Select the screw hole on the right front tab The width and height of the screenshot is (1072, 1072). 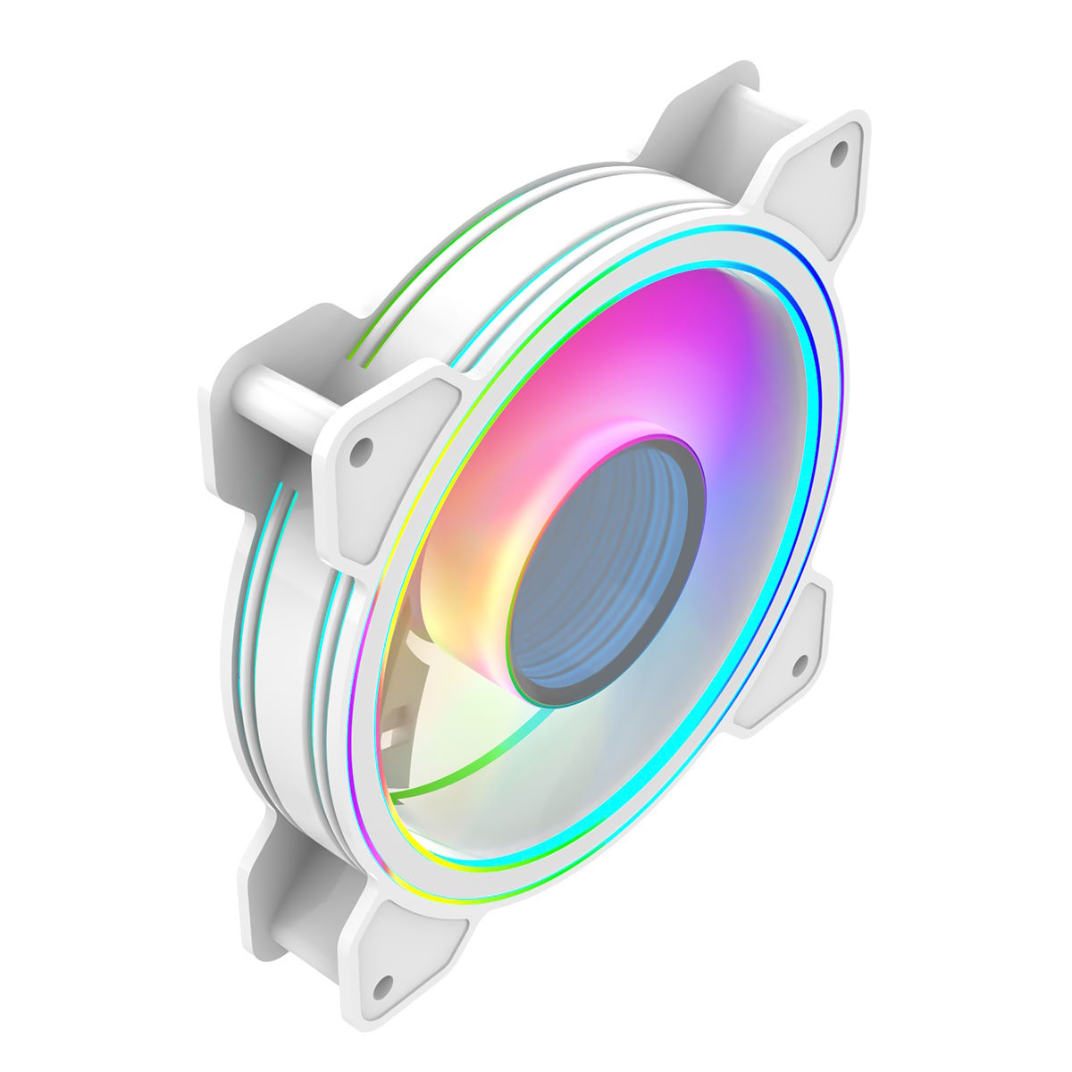800,663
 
